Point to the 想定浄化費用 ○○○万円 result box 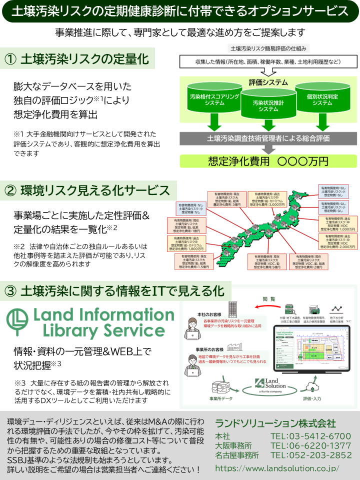pyautogui.click(x=268, y=161)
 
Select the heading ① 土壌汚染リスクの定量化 pyautogui.click(x=77, y=59)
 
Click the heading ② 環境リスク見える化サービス pyautogui.click(x=87, y=190)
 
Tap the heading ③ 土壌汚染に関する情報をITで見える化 pyautogui.click(x=113, y=290)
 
